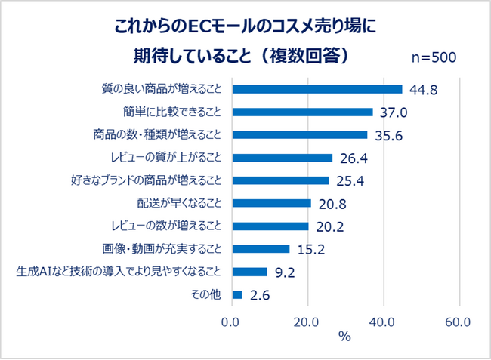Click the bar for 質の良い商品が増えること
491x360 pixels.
(317, 89)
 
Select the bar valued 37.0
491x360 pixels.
(302, 112)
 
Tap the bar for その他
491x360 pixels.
(237, 294)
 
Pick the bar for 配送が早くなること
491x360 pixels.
(272, 203)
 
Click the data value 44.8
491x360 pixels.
(424, 91)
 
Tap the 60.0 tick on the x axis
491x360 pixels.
(458, 321)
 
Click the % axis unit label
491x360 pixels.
(345, 337)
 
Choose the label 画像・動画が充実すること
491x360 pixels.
(162, 248)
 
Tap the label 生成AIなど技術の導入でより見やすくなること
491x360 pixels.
(119, 272)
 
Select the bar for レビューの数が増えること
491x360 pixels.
(270, 226)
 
